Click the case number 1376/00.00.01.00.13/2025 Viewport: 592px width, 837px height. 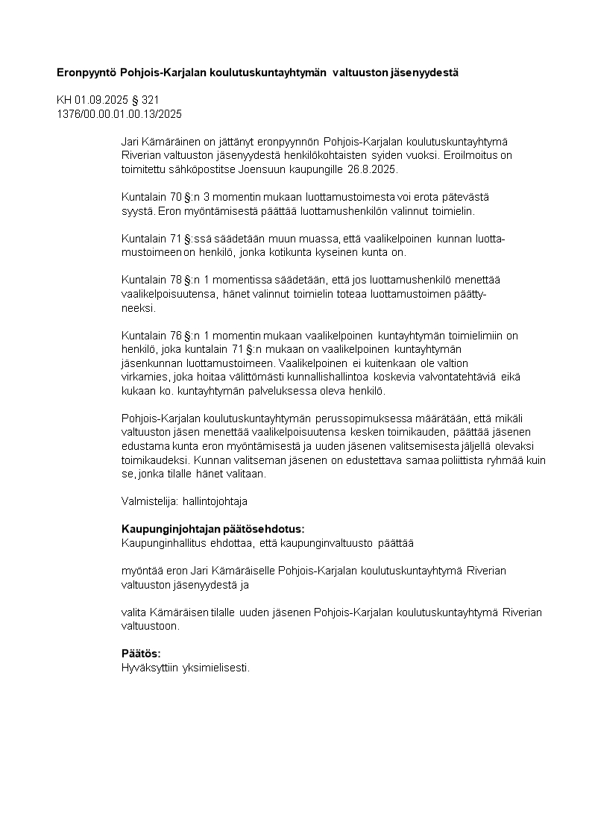(119, 114)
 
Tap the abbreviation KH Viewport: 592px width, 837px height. (64, 100)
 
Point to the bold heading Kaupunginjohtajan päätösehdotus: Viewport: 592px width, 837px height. (213, 529)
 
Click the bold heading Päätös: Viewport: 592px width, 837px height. (141, 653)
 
